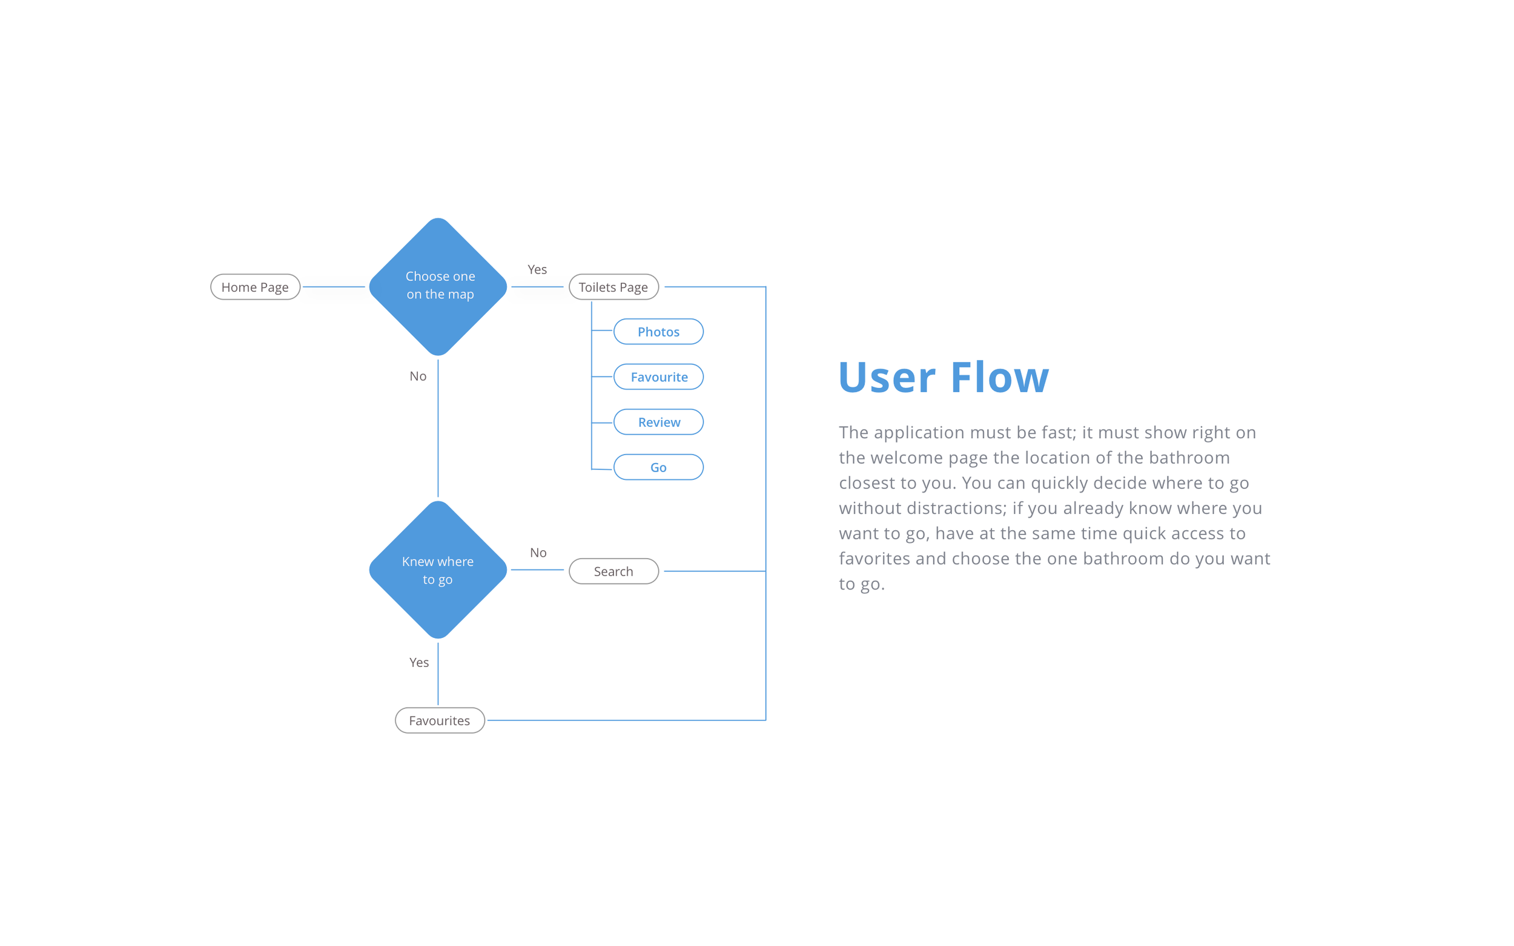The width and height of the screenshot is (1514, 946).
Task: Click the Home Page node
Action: (x=256, y=287)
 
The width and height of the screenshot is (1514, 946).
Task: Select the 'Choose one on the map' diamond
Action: (x=438, y=286)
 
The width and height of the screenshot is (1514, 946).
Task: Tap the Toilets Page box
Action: (x=613, y=287)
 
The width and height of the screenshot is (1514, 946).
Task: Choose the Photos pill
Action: (x=658, y=332)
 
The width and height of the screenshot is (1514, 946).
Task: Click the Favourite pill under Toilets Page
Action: (x=658, y=376)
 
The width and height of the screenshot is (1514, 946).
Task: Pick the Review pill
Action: (x=658, y=422)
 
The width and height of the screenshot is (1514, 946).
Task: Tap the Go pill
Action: (x=658, y=467)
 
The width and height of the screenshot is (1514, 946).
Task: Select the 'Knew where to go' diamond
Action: (x=438, y=570)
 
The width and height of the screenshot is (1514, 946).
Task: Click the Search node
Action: (x=613, y=571)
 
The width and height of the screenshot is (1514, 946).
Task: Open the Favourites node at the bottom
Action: (x=440, y=720)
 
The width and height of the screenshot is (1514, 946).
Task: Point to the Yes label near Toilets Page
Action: (x=537, y=270)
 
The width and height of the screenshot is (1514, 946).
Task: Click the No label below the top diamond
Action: (x=418, y=376)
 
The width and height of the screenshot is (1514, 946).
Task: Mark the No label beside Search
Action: (x=538, y=553)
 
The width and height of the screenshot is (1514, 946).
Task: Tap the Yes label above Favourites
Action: (x=419, y=663)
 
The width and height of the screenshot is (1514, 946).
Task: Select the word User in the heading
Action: (x=887, y=377)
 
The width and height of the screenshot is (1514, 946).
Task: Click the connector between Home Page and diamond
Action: (x=334, y=287)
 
